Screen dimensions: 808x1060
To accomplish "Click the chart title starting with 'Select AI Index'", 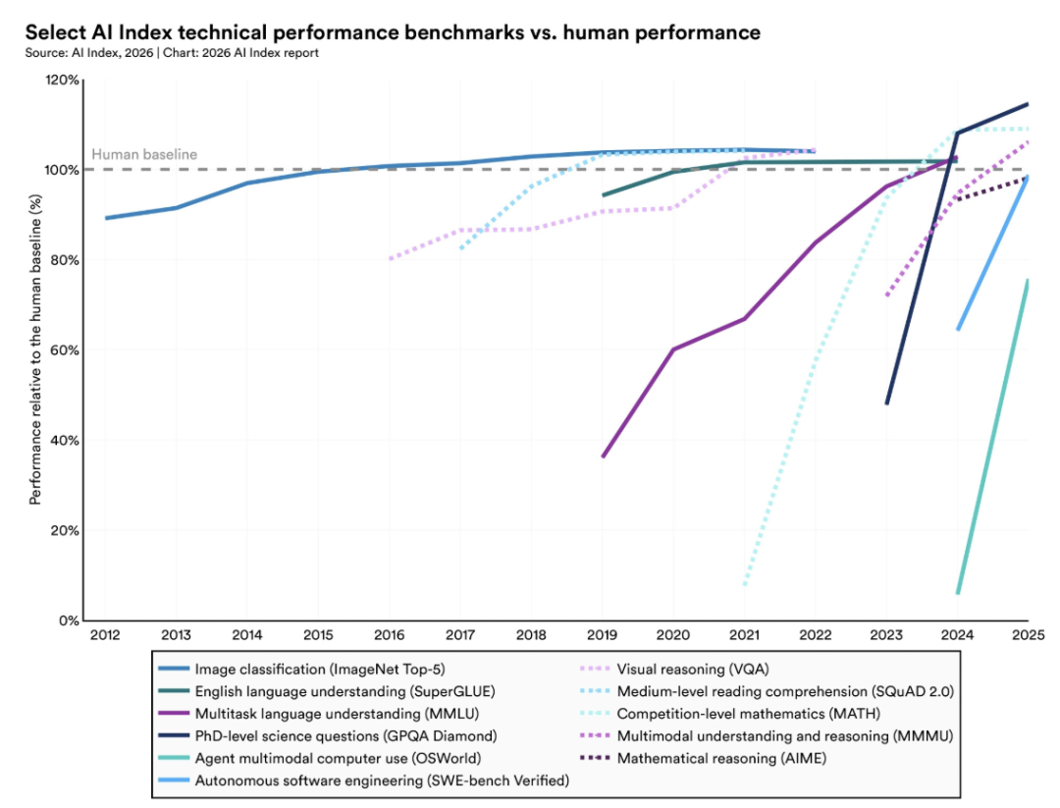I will pos(393,32).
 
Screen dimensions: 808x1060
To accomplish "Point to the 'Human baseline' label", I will pos(144,154).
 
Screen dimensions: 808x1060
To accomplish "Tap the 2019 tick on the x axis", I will pos(603,635).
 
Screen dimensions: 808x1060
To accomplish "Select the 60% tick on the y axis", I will pos(66,350).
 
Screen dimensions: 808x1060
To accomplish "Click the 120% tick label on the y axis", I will pos(63,80).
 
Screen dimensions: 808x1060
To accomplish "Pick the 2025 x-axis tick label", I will pos(1027,635).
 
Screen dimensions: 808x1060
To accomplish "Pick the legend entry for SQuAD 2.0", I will pos(784,691).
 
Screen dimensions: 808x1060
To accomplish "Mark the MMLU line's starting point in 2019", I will pos(603,457).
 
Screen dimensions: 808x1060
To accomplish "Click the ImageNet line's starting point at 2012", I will pos(106,218).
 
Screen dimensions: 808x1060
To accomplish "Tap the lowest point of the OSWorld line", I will pos(958,593).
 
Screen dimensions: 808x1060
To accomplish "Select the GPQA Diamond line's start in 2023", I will pos(887,404).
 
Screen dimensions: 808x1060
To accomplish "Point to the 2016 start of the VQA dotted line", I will pos(390,259).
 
